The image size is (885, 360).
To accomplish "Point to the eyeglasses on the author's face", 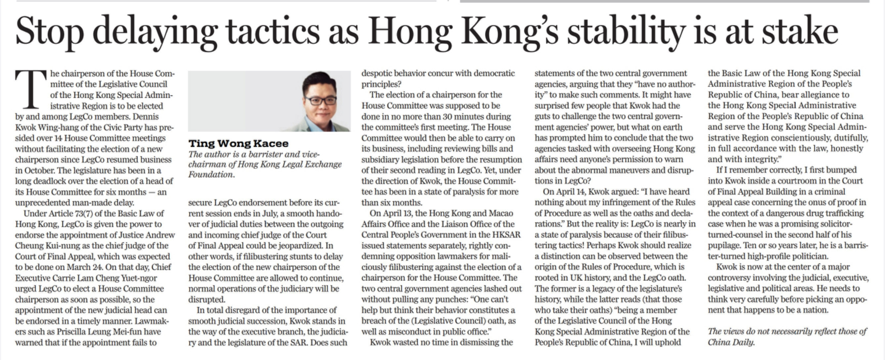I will (320, 101).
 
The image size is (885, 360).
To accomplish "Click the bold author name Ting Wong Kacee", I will (238, 143).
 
